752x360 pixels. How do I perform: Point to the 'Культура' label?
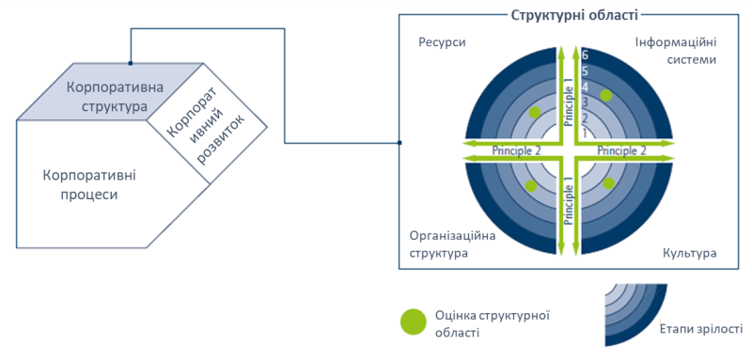coord(690,254)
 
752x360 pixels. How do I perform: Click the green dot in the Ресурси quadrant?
coord(535,112)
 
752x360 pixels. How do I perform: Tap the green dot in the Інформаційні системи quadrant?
coord(607,95)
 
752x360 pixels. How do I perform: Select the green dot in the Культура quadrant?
coord(609,182)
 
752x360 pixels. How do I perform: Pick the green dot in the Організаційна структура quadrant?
coord(531,185)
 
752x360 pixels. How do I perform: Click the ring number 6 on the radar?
coord(584,55)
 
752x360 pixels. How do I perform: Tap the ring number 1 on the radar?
coord(584,133)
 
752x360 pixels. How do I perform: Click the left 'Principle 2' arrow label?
coord(517,150)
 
